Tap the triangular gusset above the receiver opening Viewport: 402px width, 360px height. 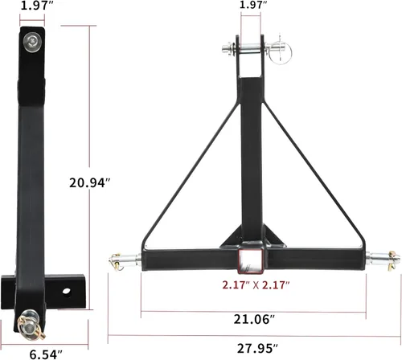click(252, 234)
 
